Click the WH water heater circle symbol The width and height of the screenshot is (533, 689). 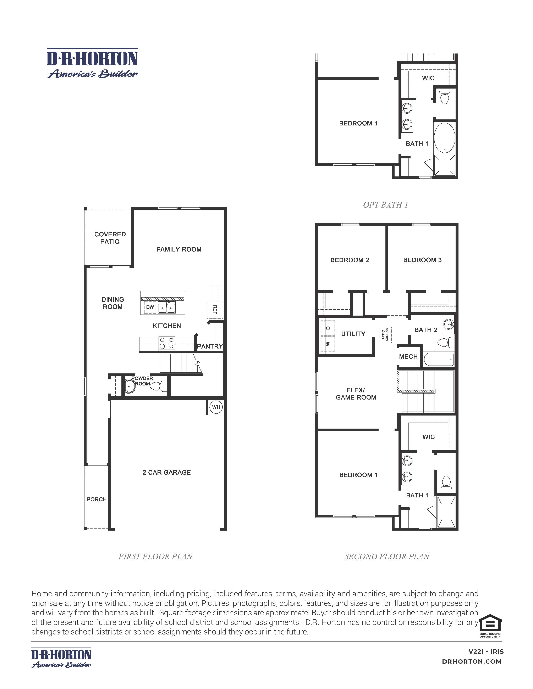(216, 407)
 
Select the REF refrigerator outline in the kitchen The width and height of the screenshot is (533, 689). (215, 310)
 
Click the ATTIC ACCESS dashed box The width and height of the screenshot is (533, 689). (386, 335)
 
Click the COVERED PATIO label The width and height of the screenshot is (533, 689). (110, 238)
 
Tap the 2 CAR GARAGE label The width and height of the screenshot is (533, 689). (166, 472)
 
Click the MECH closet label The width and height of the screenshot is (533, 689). (408, 356)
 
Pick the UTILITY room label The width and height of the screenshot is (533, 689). (353, 334)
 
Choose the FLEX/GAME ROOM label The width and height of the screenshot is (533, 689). (356, 394)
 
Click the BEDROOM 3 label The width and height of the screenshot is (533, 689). (422, 260)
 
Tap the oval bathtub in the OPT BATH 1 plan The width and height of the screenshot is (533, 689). (445, 138)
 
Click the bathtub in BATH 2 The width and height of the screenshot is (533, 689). (439, 359)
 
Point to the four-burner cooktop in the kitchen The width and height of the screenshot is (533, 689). (166, 343)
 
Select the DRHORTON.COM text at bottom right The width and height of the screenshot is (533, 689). (472, 662)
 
